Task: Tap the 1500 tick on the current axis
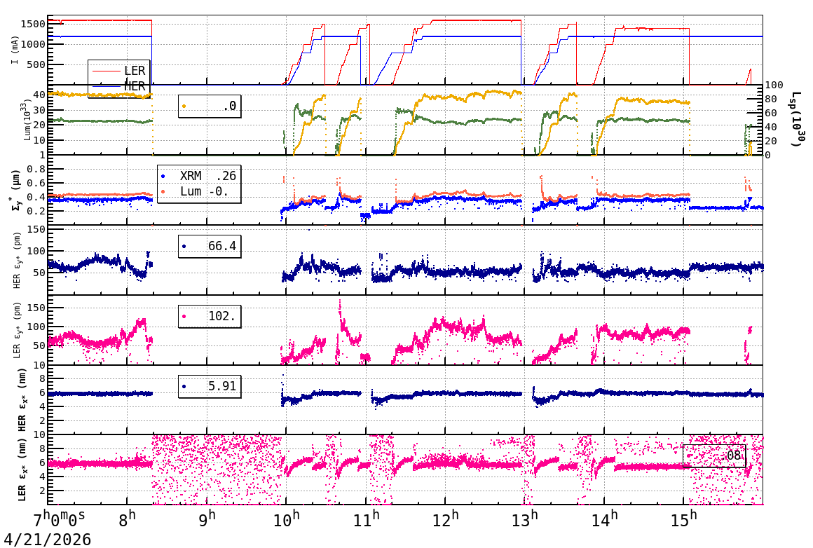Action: tap(34, 24)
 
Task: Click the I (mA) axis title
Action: tap(15, 50)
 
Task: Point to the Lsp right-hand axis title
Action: tap(797, 119)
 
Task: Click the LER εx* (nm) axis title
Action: tap(22, 470)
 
